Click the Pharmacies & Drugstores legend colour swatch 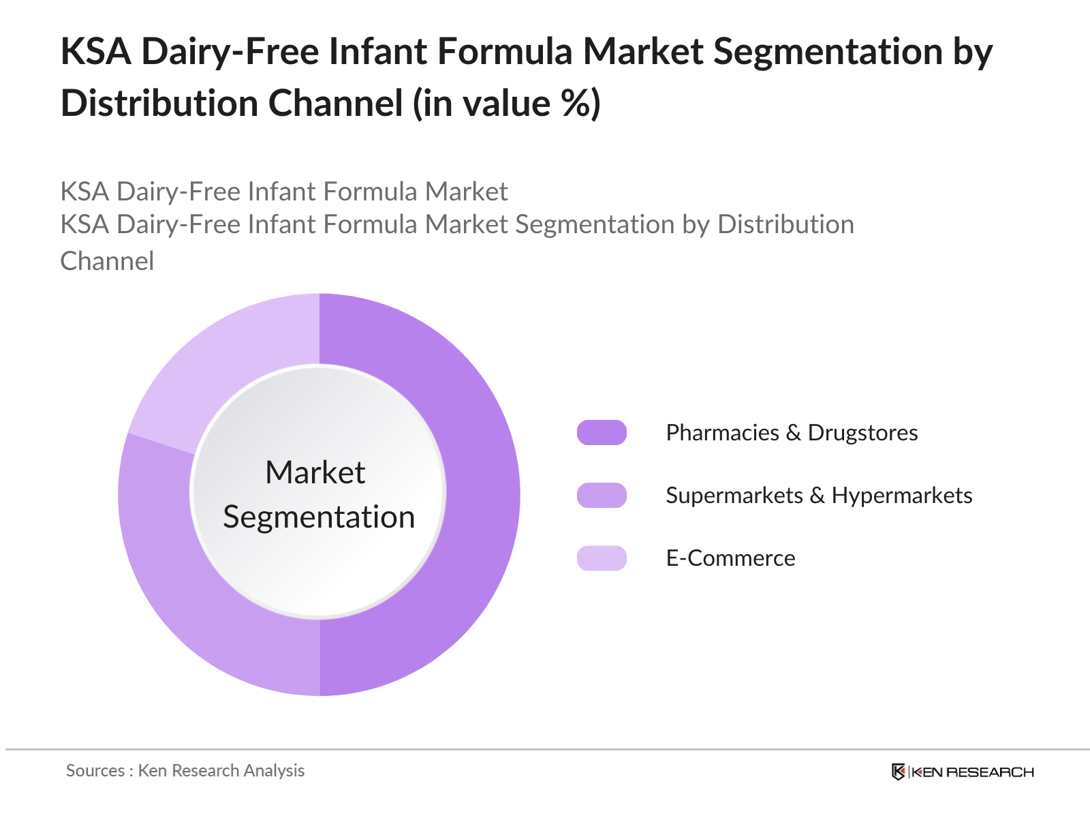point(602,433)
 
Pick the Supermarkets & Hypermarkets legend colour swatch point(602,495)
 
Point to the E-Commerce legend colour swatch point(602,558)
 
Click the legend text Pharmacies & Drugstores point(792,433)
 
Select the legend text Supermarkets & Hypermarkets point(819,496)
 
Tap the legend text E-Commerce point(730,558)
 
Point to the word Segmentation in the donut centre point(319,517)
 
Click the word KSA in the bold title point(96,51)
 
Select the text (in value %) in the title point(507,104)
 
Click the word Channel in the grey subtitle point(107,261)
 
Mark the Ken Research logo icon point(899,772)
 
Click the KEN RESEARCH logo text point(973,772)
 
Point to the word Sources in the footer point(95,770)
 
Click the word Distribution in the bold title point(159,104)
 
